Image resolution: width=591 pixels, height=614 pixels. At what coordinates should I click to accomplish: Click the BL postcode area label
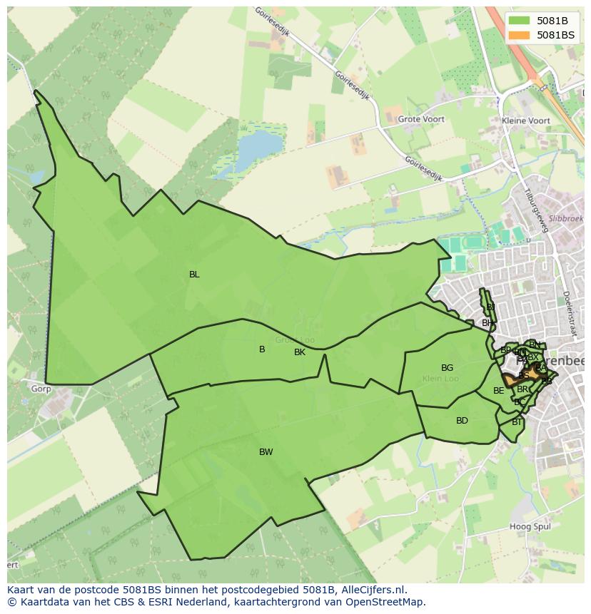(194, 275)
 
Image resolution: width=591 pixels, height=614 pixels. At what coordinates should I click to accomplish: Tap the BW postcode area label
(266, 452)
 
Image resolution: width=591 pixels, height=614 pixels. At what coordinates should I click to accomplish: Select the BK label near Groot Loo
(300, 352)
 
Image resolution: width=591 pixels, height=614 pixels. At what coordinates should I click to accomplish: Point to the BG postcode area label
(447, 368)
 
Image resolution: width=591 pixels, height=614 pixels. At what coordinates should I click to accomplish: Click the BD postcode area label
(462, 421)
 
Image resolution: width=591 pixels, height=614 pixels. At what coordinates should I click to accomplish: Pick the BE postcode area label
(498, 391)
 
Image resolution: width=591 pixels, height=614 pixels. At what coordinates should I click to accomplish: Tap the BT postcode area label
(517, 422)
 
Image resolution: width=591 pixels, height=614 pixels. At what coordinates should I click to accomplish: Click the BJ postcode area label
(490, 307)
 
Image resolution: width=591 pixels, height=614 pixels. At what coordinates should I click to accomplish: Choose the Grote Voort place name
(421, 120)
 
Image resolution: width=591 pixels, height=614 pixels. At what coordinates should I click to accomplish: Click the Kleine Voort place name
(526, 121)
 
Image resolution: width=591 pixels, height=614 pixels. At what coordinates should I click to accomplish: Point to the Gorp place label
(41, 389)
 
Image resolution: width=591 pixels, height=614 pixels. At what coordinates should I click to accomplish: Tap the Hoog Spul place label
(530, 527)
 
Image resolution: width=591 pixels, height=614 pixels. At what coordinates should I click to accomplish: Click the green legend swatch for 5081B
(519, 21)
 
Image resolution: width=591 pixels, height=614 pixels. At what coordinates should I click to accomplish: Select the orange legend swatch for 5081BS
(519, 35)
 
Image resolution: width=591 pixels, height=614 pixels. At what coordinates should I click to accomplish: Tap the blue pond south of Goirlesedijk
(258, 148)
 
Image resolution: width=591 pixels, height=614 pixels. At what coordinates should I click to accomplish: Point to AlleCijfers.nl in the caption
(373, 590)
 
